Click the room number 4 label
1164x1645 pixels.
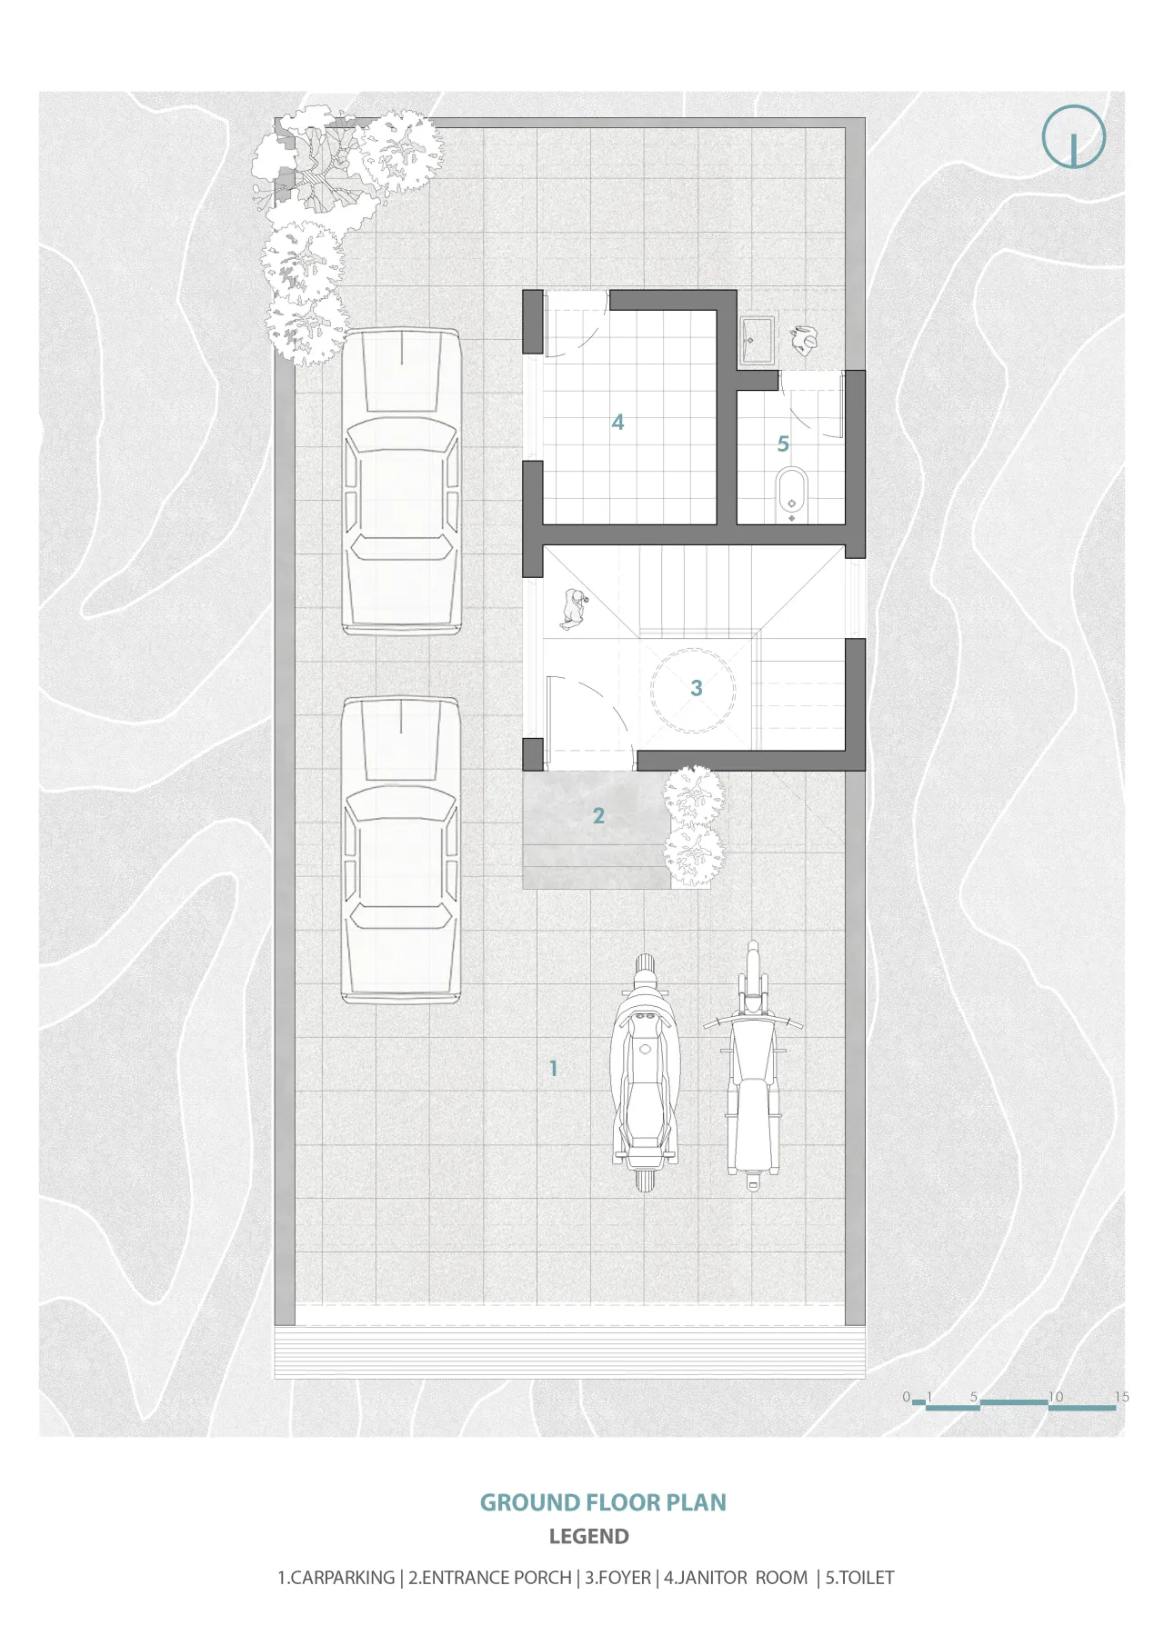(x=617, y=422)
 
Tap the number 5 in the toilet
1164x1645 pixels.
(x=783, y=444)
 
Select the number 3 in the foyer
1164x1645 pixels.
(x=697, y=688)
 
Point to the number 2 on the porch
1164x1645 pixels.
(x=598, y=816)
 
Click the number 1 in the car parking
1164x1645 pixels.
(x=553, y=1068)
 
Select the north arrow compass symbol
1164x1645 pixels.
(x=1073, y=137)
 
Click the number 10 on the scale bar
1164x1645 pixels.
(x=1055, y=1397)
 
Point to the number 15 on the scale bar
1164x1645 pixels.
(x=1121, y=1397)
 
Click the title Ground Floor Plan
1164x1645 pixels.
(x=603, y=1502)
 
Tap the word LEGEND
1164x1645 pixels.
(x=589, y=1537)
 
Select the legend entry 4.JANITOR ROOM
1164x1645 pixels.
(x=736, y=1578)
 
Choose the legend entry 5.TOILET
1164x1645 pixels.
(x=859, y=1578)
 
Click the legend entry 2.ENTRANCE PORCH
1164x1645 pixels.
(x=490, y=1578)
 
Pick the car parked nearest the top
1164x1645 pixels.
(x=401, y=481)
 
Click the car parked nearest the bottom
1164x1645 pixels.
(x=400, y=850)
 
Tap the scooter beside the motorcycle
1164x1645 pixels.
(x=645, y=1072)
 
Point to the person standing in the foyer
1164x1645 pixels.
(x=573, y=608)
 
